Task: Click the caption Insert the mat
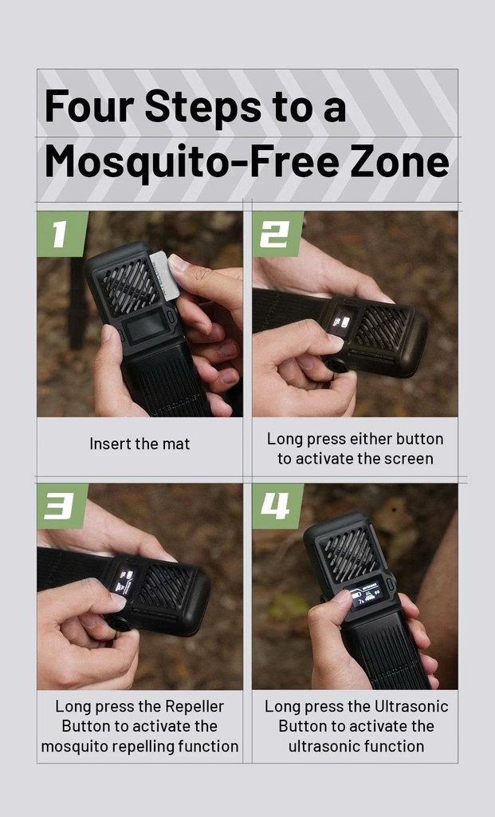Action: (x=139, y=444)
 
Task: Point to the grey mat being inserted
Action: (x=166, y=275)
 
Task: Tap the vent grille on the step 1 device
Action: (x=130, y=285)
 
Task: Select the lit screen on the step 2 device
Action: (x=342, y=322)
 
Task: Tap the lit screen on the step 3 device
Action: (x=125, y=582)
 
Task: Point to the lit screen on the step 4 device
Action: (x=368, y=594)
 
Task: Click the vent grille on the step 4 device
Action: (x=350, y=555)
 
